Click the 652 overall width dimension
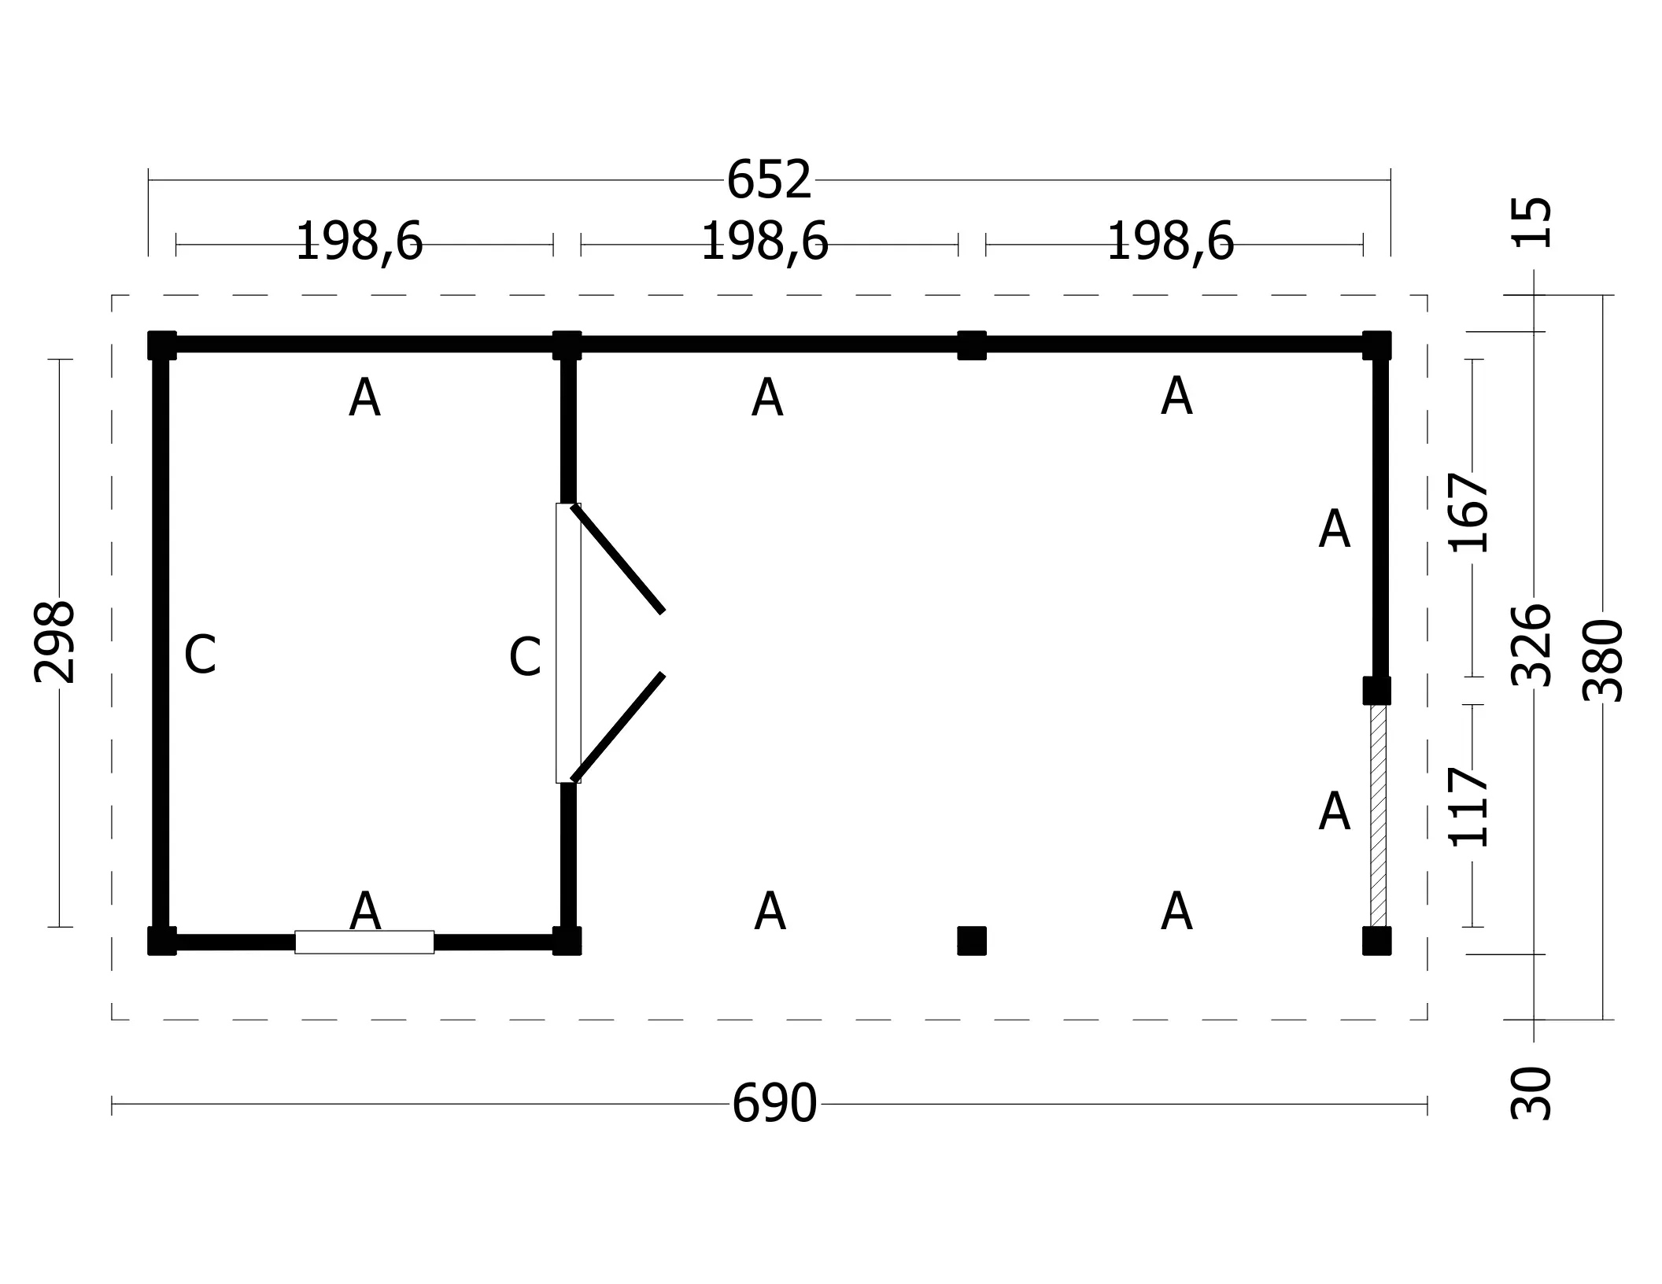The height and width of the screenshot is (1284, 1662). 768,180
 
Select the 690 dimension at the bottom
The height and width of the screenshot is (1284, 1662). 774,1104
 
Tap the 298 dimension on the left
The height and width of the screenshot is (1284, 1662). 55,643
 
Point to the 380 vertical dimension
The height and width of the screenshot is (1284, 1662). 1603,661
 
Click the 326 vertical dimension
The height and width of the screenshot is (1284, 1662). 1533,646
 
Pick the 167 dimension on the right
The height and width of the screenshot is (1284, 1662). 1469,513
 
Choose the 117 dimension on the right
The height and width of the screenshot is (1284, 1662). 1469,807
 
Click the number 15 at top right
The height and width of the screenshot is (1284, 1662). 1532,223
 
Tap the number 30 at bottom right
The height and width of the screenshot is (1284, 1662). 1532,1094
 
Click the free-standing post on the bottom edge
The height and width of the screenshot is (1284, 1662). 972,941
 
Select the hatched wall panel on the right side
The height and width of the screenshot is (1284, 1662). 1378,816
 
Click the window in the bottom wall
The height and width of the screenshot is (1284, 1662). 364,943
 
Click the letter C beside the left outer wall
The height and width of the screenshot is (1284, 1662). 200,655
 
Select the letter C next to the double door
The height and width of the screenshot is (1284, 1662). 525,657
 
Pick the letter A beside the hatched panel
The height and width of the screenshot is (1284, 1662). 1334,812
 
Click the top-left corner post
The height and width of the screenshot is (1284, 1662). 162,345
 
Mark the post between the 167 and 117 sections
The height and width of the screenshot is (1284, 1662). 1376,691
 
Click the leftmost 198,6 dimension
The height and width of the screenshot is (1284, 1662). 360,242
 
